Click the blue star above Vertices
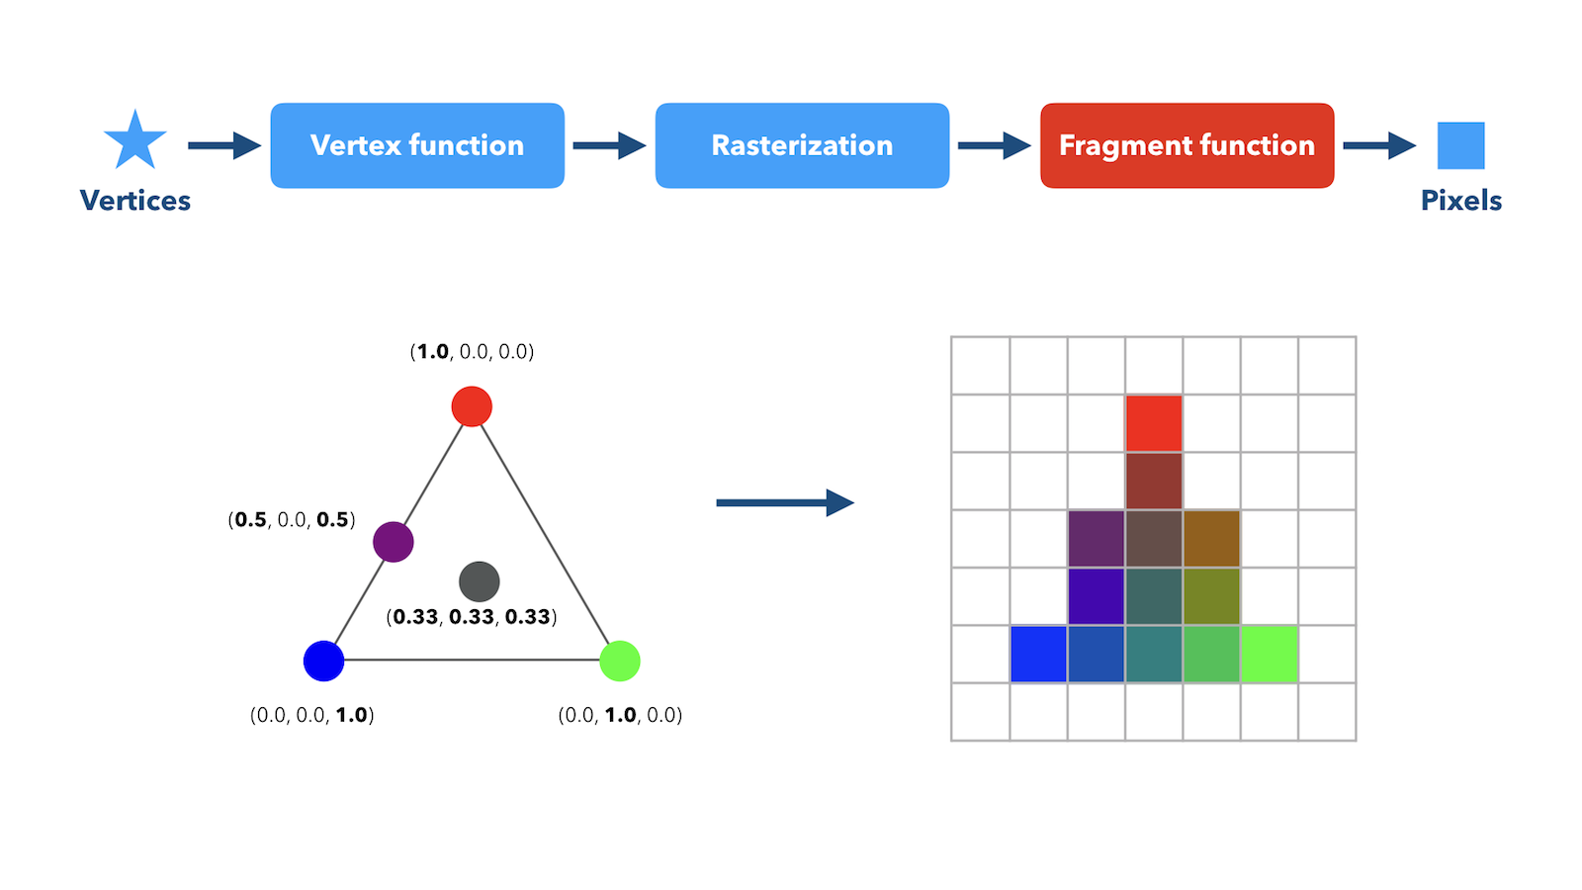(x=134, y=141)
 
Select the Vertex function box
(x=417, y=145)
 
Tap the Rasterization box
(x=802, y=145)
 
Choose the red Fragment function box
(x=1187, y=145)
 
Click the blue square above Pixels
(x=1461, y=145)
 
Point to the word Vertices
(x=134, y=201)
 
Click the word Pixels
(x=1461, y=201)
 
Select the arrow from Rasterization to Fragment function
(x=995, y=145)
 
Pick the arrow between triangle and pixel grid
(x=785, y=503)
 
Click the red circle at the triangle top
(x=472, y=406)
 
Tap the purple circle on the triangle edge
(x=394, y=542)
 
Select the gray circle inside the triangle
(x=480, y=581)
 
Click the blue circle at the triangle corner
(x=323, y=662)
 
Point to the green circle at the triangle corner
(x=620, y=662)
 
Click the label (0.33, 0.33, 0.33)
(x=472, y=617)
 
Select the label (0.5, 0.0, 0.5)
(x=292, y=520)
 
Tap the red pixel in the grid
(x=1154, y=423)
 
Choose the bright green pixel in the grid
(x=1270, y=654)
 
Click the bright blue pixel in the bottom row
(x=1038, y=654)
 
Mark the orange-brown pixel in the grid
(x=1211, y=538)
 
